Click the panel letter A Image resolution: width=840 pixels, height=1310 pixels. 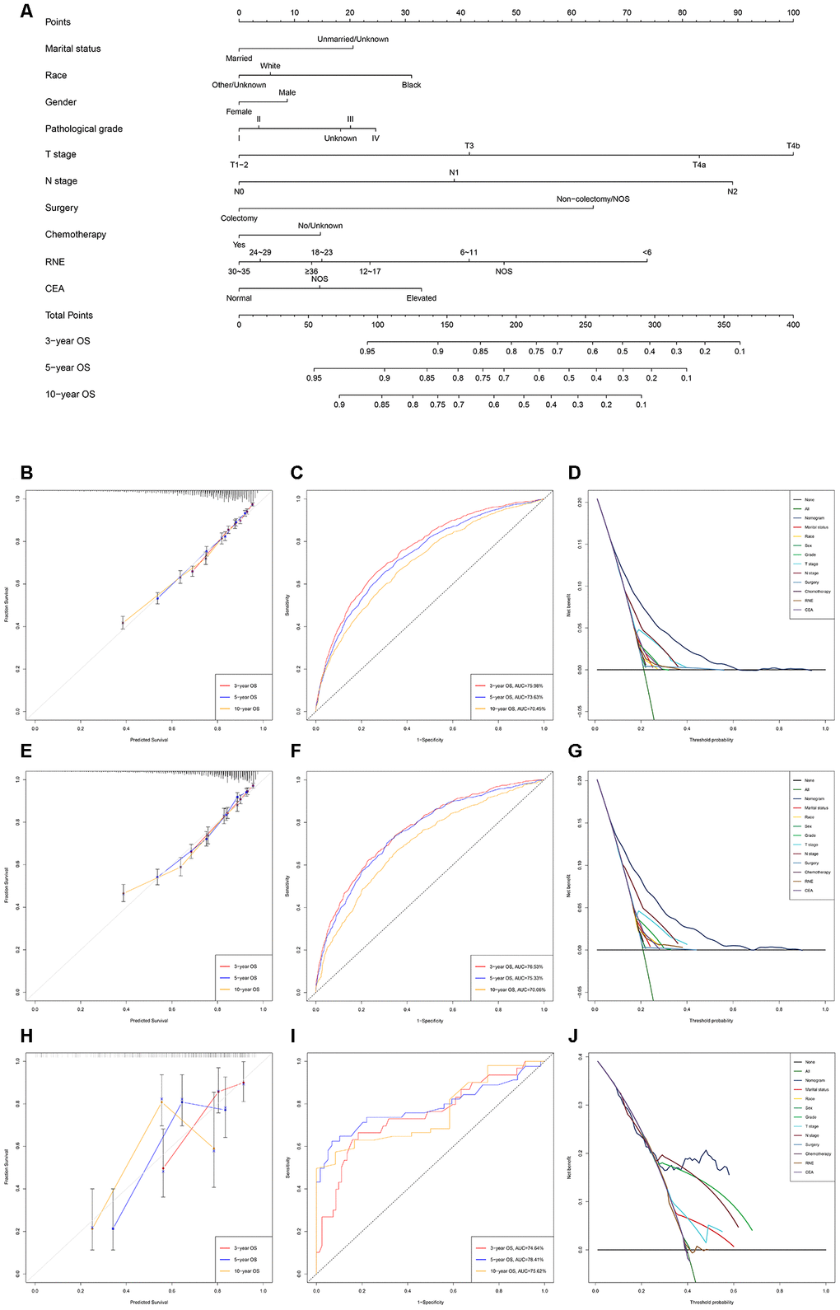pyautogui.click(x=27, y=12)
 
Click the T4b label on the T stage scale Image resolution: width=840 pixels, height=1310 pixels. pyautogui.click(x=792, y=146)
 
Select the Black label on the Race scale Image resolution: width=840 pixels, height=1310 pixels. pyautogui.click(x=411, y=85)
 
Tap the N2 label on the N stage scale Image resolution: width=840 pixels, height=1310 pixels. pyautogui.click(x=732, y=191)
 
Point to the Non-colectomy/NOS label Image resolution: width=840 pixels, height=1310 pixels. pyautogui.click(x=593, y=199)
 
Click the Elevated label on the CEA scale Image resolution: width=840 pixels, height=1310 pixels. pyautogui.click(x=421, y=298)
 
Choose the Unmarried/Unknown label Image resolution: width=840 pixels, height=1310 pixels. pyautogui.click(x=352, y=39)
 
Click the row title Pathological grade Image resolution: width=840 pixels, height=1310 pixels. pyautogui.click(x=84, y=129)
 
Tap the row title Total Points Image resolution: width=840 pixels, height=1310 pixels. pyautogui.click(x=69, y=315)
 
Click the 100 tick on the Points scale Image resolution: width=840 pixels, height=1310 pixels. pyautogui.click(x=793, y=12)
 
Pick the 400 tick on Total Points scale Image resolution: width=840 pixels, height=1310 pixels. pyautogui.click(x=793, y=325)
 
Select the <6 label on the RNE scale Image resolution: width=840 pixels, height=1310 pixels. pyautogui.click(x=647, y=252)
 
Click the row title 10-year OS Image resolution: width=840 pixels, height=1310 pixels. pyautogui.click(x=70, y=394)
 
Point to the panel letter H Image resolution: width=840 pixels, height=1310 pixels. pyautogui.click(x=27, y=1036)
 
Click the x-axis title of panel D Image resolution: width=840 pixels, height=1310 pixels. pyautogui.click(x=711, y=740)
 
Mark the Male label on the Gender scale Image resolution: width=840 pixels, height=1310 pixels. pyautogui.click(x=287, y=92)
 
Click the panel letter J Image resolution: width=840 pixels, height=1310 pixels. pyautogui.click(x=574, y=1036)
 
